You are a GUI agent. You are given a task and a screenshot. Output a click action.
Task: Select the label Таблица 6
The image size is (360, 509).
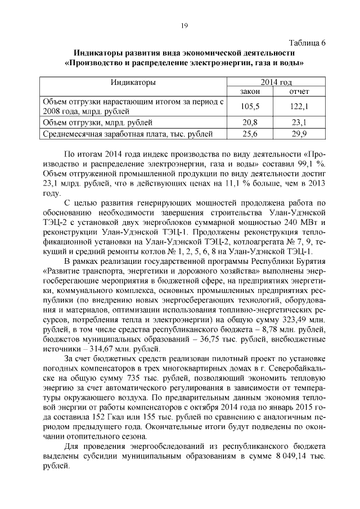click(x=307, y=43)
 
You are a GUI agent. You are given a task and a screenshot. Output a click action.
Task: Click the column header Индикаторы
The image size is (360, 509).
click(x=133, y=82)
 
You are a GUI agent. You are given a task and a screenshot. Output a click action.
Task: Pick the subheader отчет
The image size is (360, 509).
click(x=299, y=91)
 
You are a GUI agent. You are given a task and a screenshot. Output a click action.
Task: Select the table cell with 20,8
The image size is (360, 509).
click(x=249, y=122)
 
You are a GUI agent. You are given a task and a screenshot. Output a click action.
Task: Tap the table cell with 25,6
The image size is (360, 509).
click(x=249, y=134)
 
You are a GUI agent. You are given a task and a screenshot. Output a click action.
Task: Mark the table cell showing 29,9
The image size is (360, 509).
click(x=299, y=134)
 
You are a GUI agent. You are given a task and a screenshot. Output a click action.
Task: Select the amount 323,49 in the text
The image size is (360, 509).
click(x=296, y=319)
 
